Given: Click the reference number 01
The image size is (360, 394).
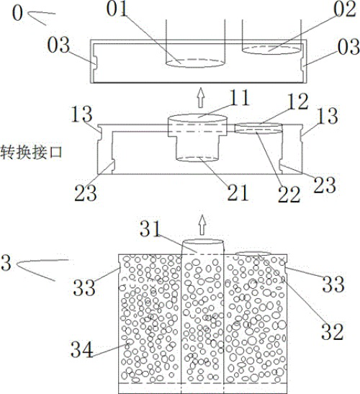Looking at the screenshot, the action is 117,9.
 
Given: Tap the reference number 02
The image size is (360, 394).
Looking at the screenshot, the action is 345,9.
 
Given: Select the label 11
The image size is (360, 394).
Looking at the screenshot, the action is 239,97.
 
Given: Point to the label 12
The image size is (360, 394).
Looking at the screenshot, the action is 298,102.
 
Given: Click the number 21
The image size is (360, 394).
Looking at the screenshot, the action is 238,192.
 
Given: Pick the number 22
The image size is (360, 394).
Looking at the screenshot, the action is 289,194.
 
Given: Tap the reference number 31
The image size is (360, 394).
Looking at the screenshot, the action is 150,228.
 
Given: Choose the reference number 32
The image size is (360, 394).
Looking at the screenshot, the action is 332,332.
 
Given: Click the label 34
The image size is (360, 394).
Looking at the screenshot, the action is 82,350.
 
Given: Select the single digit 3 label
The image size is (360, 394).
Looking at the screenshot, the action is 6,263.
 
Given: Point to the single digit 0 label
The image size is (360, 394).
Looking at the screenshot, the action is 17,13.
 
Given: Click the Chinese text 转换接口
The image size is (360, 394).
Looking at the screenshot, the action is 31,152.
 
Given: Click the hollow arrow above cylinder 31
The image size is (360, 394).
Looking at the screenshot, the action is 202,225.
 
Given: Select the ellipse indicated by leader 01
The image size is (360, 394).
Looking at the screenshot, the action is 195,63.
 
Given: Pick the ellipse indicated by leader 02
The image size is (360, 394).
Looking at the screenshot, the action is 271,50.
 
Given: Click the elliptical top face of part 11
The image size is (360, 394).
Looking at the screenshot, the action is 197,118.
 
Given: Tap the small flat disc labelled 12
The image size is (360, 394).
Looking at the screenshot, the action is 258,128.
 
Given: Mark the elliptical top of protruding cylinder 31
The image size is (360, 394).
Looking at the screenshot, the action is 202,242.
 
